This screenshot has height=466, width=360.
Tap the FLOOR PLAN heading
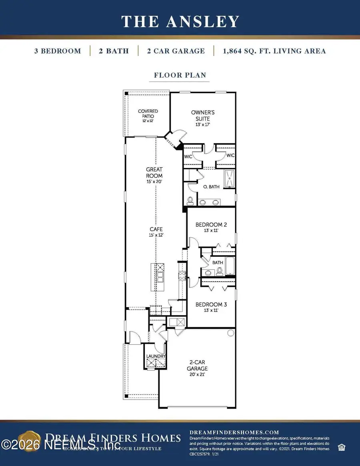tap(180, 75)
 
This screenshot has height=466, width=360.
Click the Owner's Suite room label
tap(200, 118)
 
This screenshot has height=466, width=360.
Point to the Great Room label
tap(154, 175)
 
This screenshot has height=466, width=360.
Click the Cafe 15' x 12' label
tap(156, 232)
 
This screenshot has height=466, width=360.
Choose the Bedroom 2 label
tap(212, 227)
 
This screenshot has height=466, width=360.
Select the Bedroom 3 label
tap(212, 307)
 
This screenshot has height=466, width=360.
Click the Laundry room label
tap(156, 356)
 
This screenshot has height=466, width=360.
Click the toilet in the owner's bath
tap(191, 200)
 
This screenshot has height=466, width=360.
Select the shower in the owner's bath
tap(229, 178)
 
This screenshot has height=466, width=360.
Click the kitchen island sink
tap(160, 276)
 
